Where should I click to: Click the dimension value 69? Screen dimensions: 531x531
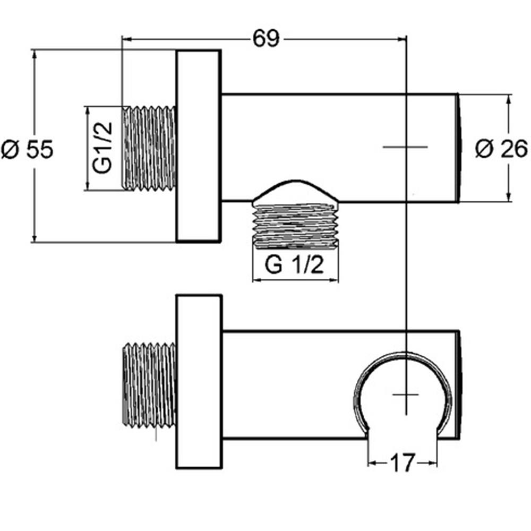(266, 39)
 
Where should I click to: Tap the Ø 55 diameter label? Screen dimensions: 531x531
(28, 149)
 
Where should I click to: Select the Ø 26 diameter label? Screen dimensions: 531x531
(502, 149)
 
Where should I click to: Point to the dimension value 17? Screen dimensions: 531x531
(402, 463)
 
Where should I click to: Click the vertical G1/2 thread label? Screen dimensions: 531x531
(102, 148)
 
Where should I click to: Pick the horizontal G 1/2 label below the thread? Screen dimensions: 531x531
(294, 265)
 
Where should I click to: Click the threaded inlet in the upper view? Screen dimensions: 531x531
(149, 148)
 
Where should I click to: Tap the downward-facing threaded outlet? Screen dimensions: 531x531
(296, 226)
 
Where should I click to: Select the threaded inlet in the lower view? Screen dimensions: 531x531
(149, 384)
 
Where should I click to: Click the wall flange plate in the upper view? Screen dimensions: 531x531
(199, 146)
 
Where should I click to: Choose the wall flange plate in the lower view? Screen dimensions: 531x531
(199, 382)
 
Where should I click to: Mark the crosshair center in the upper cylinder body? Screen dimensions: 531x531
(406, 147)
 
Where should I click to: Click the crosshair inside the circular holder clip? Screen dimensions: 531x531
(406, 395)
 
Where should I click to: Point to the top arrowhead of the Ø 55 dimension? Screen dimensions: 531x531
(34, 54)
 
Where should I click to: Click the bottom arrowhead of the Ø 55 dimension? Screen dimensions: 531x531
(34, 238)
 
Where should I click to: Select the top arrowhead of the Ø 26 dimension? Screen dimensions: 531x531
(508, 99)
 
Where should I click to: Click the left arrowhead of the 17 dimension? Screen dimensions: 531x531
(373, 463)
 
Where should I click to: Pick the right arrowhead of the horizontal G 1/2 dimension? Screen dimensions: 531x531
(333, 280)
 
